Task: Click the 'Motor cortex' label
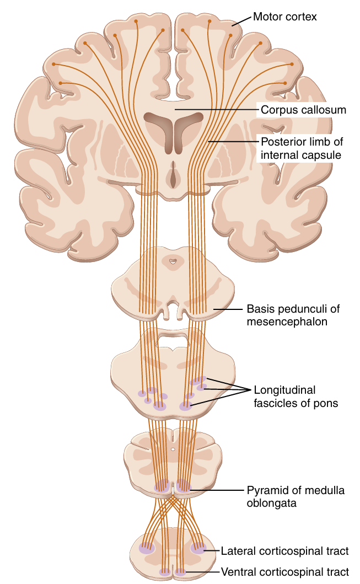[285, 17]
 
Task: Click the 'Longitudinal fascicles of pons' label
[295, 397]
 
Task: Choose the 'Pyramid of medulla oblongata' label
[295, 496]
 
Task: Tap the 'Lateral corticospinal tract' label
[284, 551]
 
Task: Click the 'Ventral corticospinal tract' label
[284, 572]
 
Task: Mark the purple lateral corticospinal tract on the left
[147, 548]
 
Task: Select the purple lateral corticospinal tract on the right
[198, 548]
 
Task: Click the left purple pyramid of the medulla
[163, 486]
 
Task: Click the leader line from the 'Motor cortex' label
[241, 21]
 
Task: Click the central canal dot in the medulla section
[173, 450]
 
